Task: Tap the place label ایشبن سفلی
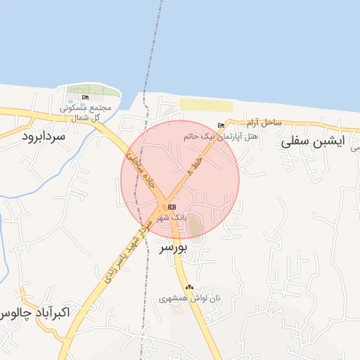(x=311, y=141)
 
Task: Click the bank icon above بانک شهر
(x=171, y=207)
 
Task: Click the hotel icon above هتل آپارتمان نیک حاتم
(x=221, y=125)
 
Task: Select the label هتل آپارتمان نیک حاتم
(x=220, y=135)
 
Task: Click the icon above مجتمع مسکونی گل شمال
(x=86, y=98)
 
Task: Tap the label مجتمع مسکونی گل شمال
(x=82, y=112)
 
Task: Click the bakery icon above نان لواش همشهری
(x=188, y=287)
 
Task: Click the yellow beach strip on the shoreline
(x=205, y=105)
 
